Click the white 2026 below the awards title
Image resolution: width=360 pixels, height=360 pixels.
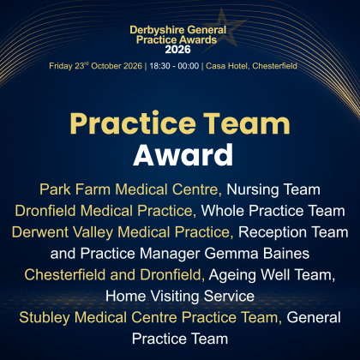(x=177, y=50)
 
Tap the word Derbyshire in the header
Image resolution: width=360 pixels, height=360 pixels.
(x=154, y=30)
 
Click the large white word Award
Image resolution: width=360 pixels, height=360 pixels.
(x=183, y=155)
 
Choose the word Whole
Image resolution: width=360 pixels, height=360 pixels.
(x=223, y=211)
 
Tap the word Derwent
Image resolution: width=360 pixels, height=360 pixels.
(x=40, y=232)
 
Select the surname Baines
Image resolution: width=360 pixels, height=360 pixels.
(x=286, y=254)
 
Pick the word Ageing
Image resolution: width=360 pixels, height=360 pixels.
(x=232, y=275)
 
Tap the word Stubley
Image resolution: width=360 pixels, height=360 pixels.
(x=45, y=318)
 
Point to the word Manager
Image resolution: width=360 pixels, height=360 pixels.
(x=170, y=254)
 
